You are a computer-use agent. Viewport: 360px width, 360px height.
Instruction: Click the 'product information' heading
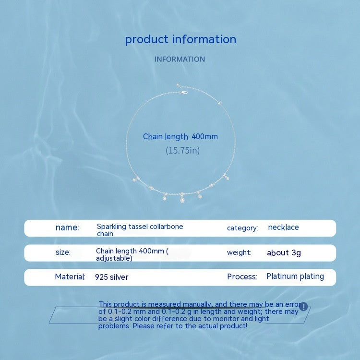[180, 39]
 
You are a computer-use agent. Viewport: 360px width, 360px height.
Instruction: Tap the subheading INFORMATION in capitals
[180, 59]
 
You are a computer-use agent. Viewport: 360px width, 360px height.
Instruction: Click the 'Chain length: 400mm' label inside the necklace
[180, 137]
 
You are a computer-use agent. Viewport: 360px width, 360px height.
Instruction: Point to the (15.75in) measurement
[183, 151]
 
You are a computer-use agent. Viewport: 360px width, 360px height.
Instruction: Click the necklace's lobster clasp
[184, 93]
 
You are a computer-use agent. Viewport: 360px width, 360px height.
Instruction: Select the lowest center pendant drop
[182, 200]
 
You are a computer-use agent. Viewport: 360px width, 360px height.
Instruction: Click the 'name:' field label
[67, 228]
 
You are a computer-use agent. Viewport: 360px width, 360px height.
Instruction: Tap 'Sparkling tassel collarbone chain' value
[140, 230]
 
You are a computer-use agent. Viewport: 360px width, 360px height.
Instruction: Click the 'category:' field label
[242, 228]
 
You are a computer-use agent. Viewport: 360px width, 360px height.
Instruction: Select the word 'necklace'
[283, 228]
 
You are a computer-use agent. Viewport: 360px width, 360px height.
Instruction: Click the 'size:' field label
[63, 252]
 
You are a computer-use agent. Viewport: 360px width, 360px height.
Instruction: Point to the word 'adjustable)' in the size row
[114, 258]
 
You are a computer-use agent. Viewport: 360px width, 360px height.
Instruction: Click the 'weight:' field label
[239, 252]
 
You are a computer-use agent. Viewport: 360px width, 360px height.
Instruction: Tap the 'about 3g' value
[284, 252]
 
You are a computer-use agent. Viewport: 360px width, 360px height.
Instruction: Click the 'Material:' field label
[70, 276]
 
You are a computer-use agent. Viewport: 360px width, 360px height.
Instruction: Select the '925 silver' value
[111, 277]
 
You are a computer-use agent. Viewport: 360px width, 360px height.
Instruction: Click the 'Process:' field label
[242, 276]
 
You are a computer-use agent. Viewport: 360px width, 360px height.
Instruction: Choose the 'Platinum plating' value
[295, 276]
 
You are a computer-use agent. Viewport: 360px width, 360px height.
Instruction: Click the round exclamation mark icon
[303, 307]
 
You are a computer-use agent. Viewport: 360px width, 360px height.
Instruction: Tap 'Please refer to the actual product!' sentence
[190, 326]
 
